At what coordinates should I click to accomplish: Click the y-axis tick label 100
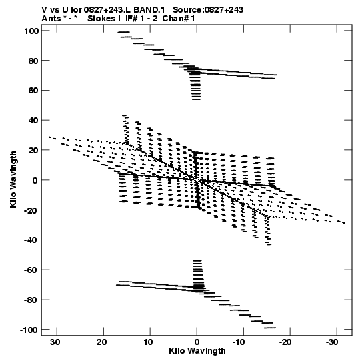31,31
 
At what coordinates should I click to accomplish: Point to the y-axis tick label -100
29,330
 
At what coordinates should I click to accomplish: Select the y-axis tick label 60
33,91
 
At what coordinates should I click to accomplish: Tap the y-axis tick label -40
31,240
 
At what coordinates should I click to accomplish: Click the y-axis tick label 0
35,180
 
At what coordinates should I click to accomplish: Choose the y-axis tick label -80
31,300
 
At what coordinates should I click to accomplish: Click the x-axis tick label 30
55,342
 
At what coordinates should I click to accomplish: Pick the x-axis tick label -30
332,342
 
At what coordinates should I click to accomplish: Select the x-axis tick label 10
149,342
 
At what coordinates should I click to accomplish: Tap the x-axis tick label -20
285,342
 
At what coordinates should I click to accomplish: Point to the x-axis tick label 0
197,342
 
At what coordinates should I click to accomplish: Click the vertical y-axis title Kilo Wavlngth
13,179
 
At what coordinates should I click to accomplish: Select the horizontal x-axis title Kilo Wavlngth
197,351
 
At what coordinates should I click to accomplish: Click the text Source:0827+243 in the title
208,10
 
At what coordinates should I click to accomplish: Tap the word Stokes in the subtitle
102,19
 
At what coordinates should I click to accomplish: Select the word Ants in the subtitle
51,19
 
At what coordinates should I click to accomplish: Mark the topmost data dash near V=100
124,32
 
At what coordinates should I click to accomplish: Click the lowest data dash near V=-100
270,328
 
